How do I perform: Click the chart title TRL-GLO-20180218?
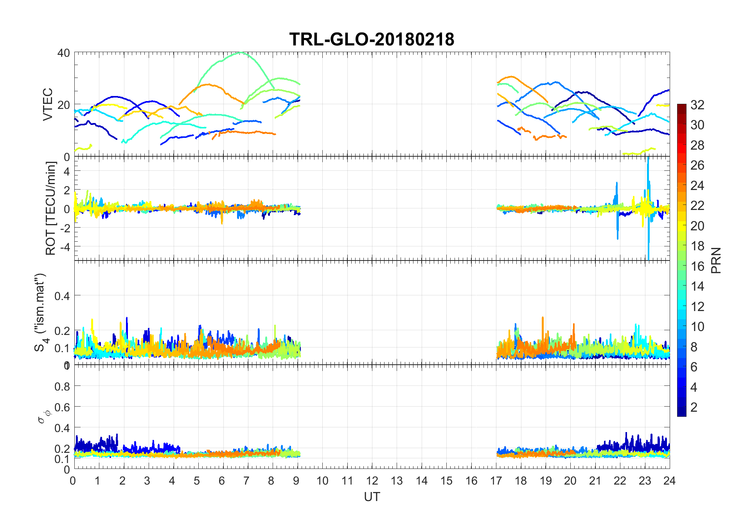(x=372, y=39)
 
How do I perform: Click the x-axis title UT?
(x=372, y=497)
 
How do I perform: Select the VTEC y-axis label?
(x=48, y=104)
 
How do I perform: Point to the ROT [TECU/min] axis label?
(x=51, y=208)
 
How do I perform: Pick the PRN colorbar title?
(x=716, y=260)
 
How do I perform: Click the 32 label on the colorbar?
(x=697, y=105)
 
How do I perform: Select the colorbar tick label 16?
(x=697, y=266)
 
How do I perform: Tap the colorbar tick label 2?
(x=694, y=407)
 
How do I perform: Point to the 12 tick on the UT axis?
(x=372, y=481)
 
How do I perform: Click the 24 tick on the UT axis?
(x=669, y=481)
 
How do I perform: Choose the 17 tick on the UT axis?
(x=496, y=481)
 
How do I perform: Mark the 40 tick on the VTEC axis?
(x=64, y=53)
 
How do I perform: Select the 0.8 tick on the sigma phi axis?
(x=62, y=387)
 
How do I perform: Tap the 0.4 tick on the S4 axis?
(x=62, y=296)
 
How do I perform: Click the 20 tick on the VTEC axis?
(x=64, y=105)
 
